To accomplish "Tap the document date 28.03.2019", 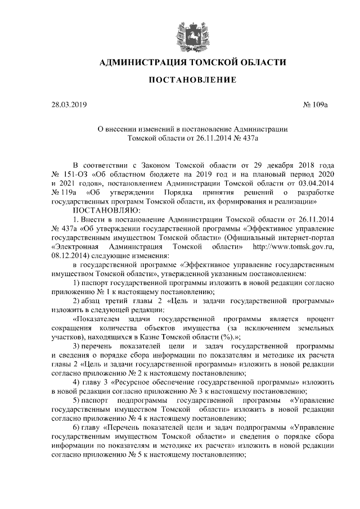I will pos(69,105).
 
